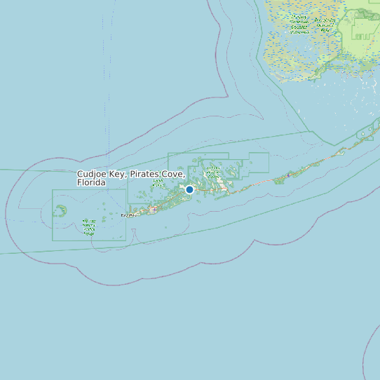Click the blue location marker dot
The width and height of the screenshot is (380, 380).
tap(189, 189)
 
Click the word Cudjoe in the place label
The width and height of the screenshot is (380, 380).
tap(91, 174)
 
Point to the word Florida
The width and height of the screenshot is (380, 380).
tap(91, 182)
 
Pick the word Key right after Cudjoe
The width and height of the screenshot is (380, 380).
tap(117, 174)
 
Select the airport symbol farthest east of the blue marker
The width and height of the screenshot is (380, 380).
tap(288, 175)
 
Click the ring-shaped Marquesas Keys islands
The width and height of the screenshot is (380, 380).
tap(61, 210)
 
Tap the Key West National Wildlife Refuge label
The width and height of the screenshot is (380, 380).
tap(89, 226)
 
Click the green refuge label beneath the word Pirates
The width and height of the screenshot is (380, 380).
tap(158, 184)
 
